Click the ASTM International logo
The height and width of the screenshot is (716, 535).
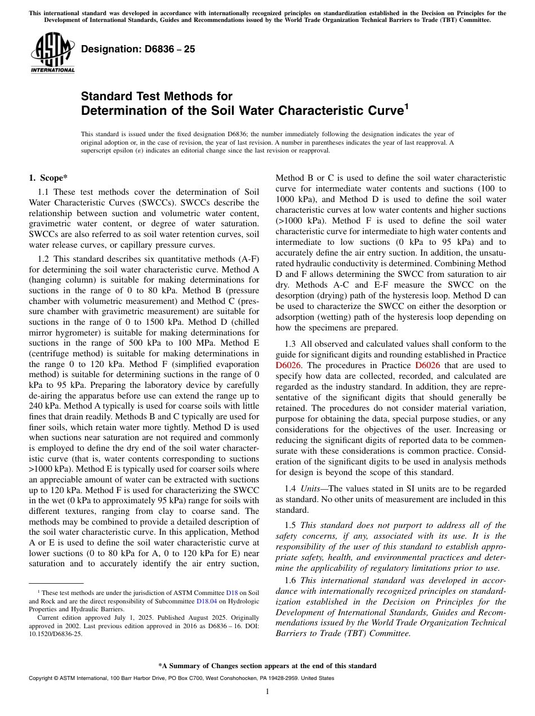(x=52, y=53)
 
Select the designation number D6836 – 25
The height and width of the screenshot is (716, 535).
(x=138, y=49)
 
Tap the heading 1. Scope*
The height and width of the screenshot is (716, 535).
(x=48, y=178)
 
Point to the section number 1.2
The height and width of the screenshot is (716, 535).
(x=44, y=258)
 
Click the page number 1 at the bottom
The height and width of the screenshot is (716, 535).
(x=267, y=691)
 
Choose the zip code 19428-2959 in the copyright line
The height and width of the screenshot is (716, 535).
(x=292, y=678)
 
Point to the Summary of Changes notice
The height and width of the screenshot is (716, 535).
(x=267, y=666)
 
